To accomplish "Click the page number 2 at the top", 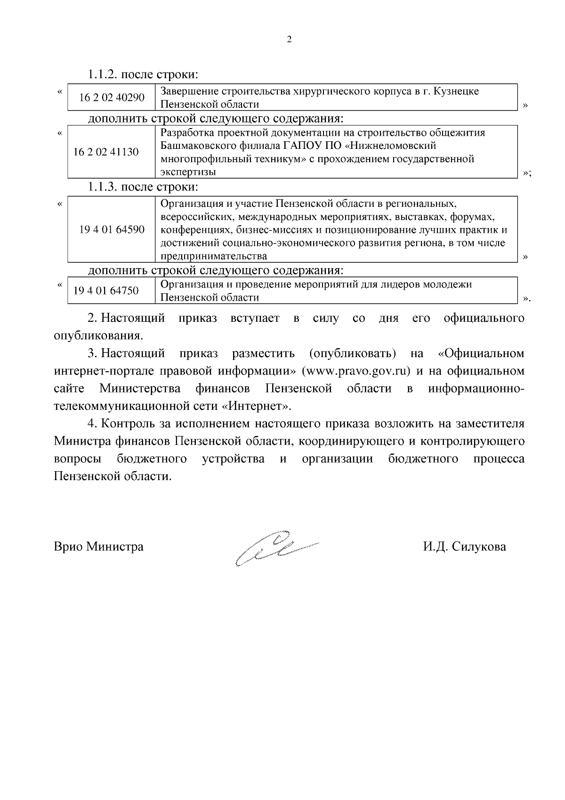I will pos(289,40).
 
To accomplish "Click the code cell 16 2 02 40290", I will pos(112,98).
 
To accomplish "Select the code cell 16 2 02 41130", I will pos(106,152).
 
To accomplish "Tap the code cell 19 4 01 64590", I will pos(112,229).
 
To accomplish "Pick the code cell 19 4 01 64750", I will pos(106,290).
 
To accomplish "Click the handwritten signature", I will pos(275,547).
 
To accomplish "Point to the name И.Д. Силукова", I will pos(464,547).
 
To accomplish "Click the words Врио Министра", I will pos(99,547).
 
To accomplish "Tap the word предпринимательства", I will pos(214,256).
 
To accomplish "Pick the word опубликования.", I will pos(98,336).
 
